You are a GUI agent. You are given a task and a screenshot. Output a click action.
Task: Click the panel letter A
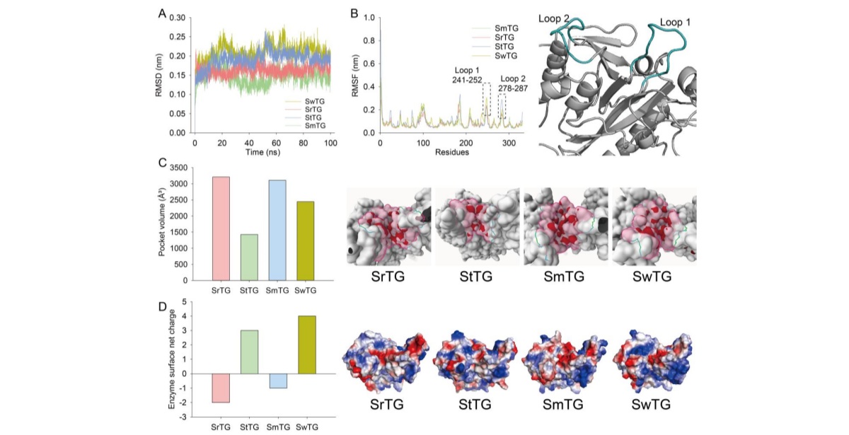point(163,13)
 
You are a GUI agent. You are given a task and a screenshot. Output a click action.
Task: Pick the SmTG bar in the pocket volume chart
point(277,230)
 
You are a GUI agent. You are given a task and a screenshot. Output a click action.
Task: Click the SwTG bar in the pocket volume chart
point(304,240)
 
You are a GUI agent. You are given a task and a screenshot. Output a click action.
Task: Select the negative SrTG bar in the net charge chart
point(221,388)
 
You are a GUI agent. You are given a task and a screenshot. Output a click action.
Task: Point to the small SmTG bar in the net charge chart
point(277,381)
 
